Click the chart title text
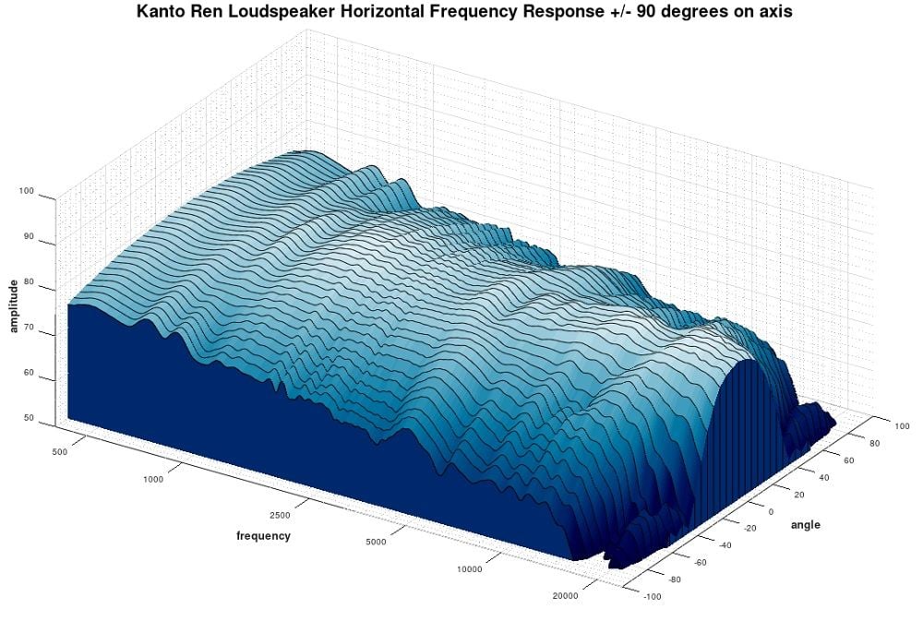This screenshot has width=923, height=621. coord(464,13)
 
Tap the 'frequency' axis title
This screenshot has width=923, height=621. coord(263,536)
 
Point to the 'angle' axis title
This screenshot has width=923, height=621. coord(805,525)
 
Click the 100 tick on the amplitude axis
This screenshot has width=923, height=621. coord(26,191)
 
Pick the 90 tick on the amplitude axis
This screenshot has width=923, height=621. coord(29,236)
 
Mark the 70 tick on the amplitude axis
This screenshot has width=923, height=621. coord(29,327)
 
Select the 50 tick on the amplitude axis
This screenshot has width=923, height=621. coord(29,418)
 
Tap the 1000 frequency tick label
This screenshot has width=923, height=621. coord(153,479)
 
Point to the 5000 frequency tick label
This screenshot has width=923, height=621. coord(375,542)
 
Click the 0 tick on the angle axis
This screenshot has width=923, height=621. coord(772,511)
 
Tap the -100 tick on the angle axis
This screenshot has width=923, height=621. coord(653,597)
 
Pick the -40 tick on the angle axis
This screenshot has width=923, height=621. coord(723,545)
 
